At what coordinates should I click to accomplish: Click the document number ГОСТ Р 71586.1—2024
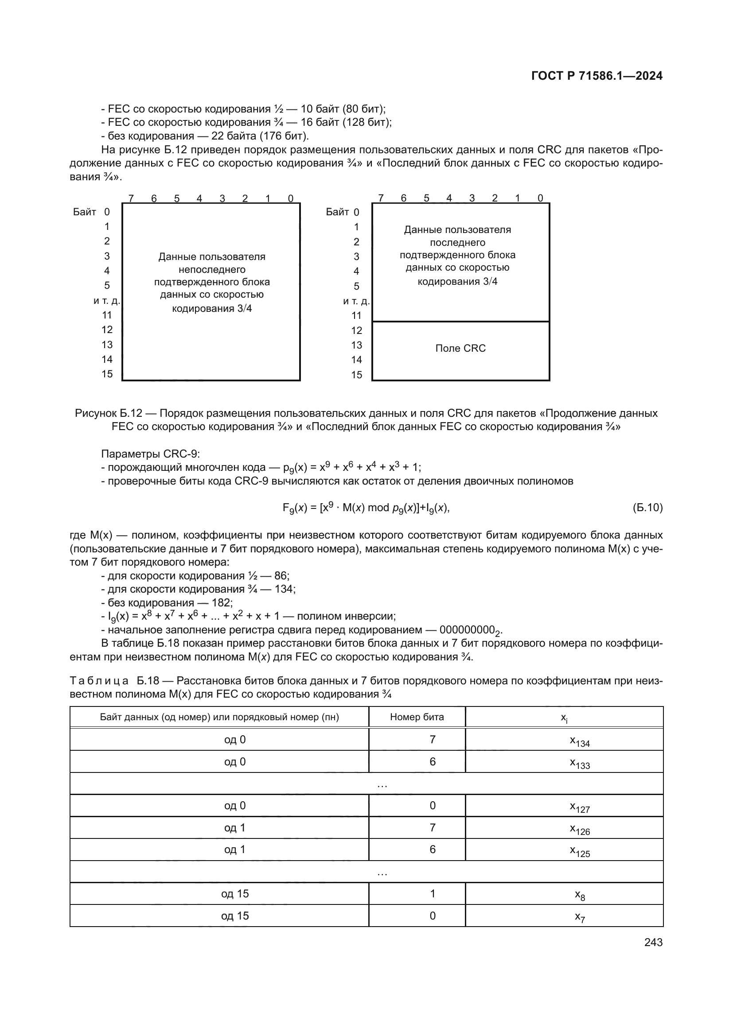click(596, 76)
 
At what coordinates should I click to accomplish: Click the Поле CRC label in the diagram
click(460, 348)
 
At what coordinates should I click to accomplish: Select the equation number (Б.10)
click(647, 508)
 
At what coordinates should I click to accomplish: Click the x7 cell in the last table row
click(580, 917)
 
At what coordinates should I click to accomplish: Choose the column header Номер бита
click(417, 717)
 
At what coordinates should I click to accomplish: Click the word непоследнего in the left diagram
click(212, 270)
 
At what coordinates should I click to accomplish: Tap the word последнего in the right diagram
click(457, 243)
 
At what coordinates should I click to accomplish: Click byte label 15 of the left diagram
click(107, 374)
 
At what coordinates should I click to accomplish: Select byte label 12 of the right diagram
click(357, 331)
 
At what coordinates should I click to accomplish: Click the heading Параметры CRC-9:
click(150, 454)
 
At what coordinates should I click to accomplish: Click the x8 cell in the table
click(580, 895)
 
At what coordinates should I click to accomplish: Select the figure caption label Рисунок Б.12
click(108, 413)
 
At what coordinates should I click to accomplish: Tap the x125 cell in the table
click(580, 851)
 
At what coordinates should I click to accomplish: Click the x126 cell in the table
click(580, 829)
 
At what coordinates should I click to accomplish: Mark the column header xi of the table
click(564, 718)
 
